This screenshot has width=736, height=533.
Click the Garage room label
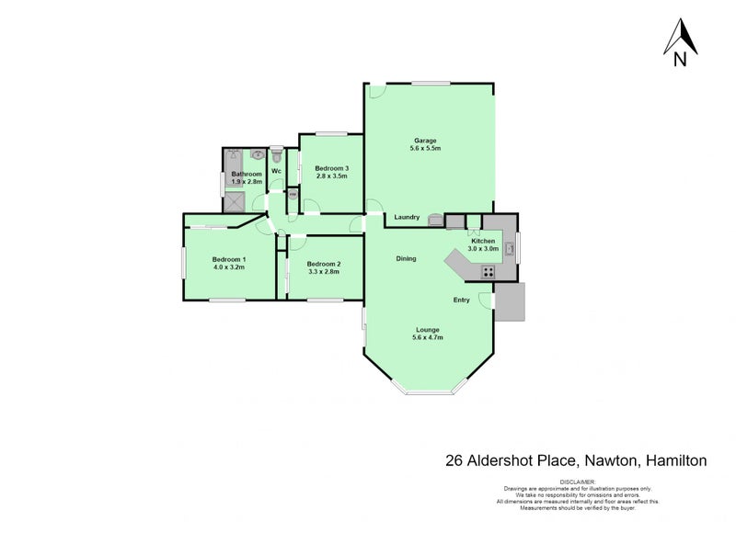coord(424,141)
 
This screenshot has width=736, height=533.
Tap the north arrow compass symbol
coord(680,43)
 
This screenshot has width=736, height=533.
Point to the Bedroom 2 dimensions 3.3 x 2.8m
coord(323,273)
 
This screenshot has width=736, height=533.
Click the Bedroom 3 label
coord(331,168)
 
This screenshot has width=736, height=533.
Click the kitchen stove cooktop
coord(488,271)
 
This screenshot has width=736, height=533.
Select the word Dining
coord(406,259)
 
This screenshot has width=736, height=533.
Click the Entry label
coord(461,301)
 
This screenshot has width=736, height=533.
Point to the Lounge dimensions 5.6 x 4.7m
coord(428,338)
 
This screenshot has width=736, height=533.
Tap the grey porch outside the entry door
coord(510,302)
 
